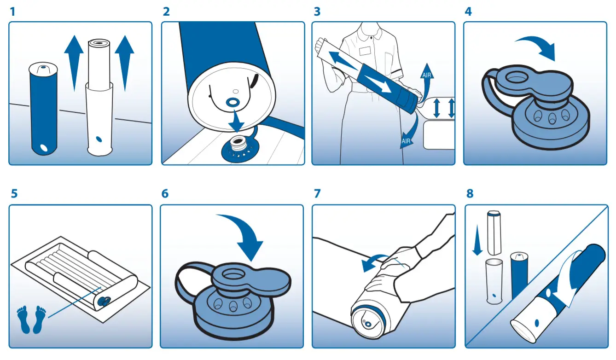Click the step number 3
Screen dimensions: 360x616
[317, 12]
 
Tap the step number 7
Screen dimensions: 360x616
[317, 193]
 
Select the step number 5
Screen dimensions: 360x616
[14, 193]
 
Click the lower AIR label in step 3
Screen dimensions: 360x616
[406, 141]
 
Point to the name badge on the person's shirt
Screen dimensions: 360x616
[365, 51]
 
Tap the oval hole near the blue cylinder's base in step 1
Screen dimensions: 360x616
[45, 148]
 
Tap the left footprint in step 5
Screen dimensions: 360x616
[23, 319]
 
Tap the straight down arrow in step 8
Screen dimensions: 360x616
[477, 239]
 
